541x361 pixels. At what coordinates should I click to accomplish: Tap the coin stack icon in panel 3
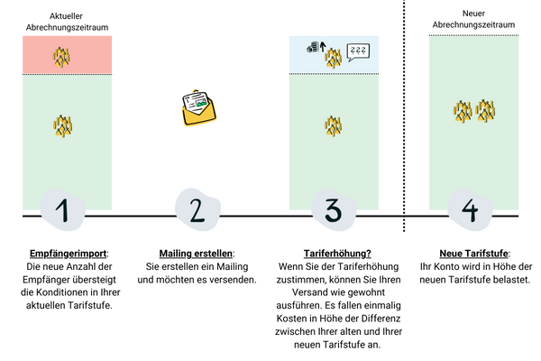(x=310, y=47)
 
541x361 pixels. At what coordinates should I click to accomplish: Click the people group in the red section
(x=62, y=57)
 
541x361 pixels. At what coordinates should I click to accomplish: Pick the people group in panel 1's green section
(x=62, y=125)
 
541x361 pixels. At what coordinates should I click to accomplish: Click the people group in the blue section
(x=334, y=59)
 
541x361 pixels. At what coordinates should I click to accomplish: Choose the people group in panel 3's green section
(x=334, y=125)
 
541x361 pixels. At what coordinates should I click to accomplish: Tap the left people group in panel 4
(x=463, y=111)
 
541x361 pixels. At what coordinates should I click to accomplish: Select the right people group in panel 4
(x=485, y=111)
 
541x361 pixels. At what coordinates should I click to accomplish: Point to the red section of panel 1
(x=90, y=54)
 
